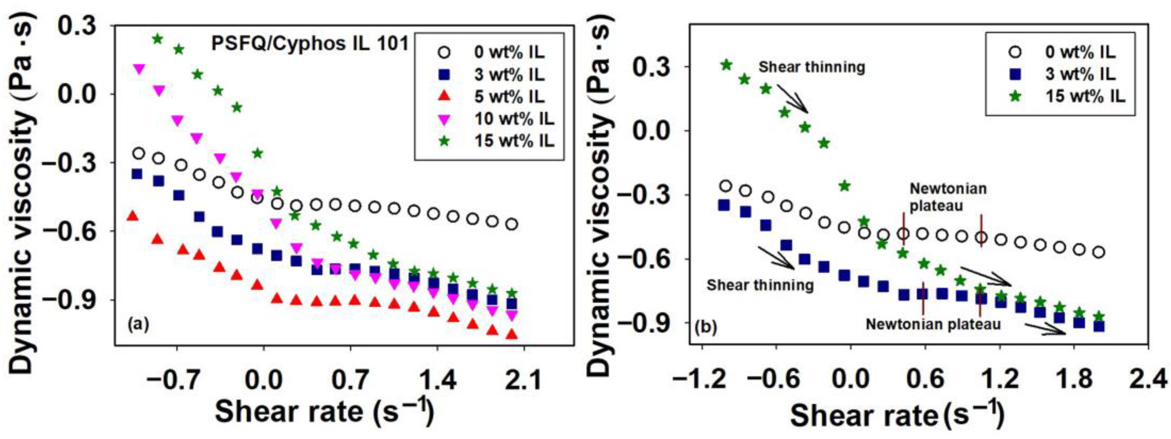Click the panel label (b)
coord(706,327)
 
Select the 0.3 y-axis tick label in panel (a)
coord(78,26)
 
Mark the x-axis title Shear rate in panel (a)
coord(324,411)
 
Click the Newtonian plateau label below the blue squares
coord(933,324)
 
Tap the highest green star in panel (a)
coord(157,39)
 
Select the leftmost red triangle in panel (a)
coord(132,216)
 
